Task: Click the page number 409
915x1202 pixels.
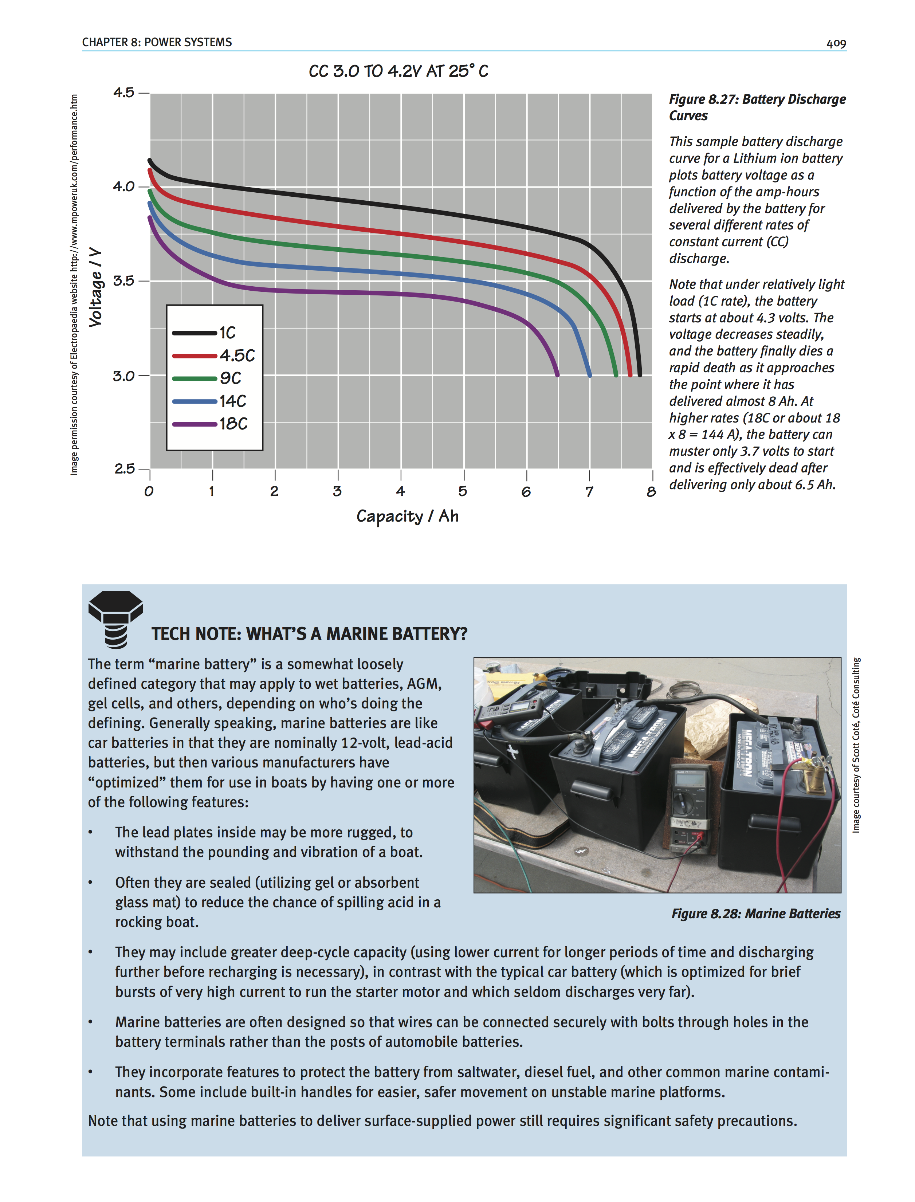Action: pyautogui.click(x=836, y=44)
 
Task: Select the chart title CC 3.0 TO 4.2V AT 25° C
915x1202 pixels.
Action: pyautogui.click(x=398, y=71)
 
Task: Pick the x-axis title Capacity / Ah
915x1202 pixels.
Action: pyautogui.click(x=407, y=516)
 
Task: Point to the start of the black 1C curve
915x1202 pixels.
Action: pyautogui.click(x=150, y=161)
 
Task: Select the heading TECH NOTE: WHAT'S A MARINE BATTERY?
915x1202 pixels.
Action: pyautogui.click(x=309, y=634)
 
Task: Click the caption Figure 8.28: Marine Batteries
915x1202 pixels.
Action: pyautogui.click(x=755, y=914)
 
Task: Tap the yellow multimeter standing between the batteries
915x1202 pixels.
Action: pyautogui.click(x=688, y=806)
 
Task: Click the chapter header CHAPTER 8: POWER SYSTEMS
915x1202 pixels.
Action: pyautogui.click(x=157, y=43)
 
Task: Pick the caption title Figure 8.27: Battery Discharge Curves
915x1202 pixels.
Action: pyautogui.click(x=757, y=107)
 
